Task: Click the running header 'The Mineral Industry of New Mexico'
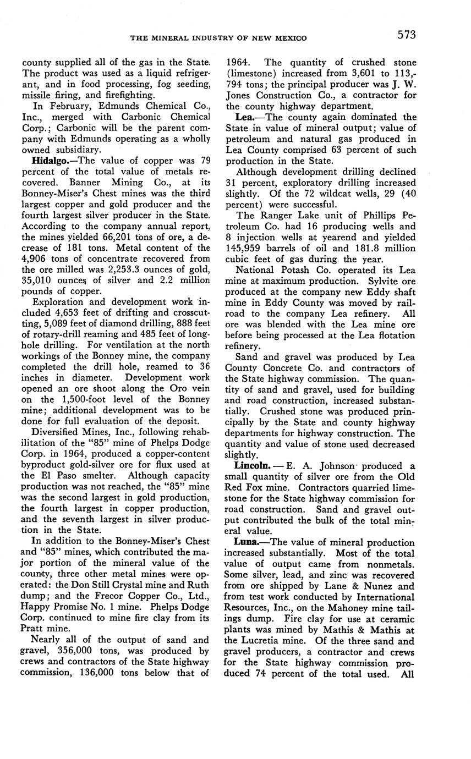(218, 37)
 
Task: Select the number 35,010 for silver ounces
(37, 280)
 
